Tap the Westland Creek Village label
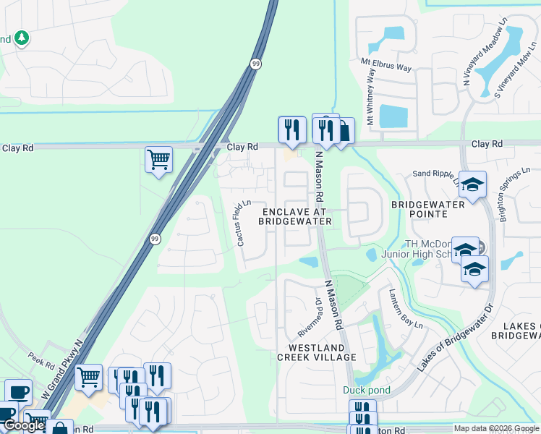tap(317, 352)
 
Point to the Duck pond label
tap(366, 391)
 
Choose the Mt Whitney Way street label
tap(371, 93)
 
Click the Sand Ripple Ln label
tap(435, 175)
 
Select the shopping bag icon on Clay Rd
tap(344, 131)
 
